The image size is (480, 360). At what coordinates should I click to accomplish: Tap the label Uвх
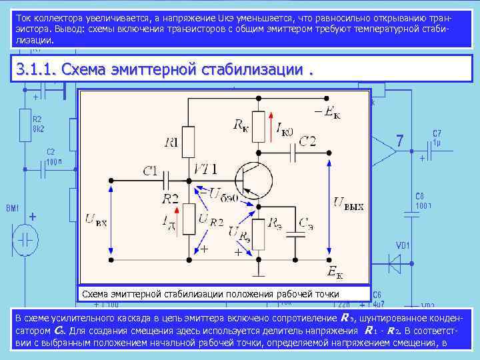tap(96, 223)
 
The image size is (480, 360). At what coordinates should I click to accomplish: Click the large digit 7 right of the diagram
tap(399, 141)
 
